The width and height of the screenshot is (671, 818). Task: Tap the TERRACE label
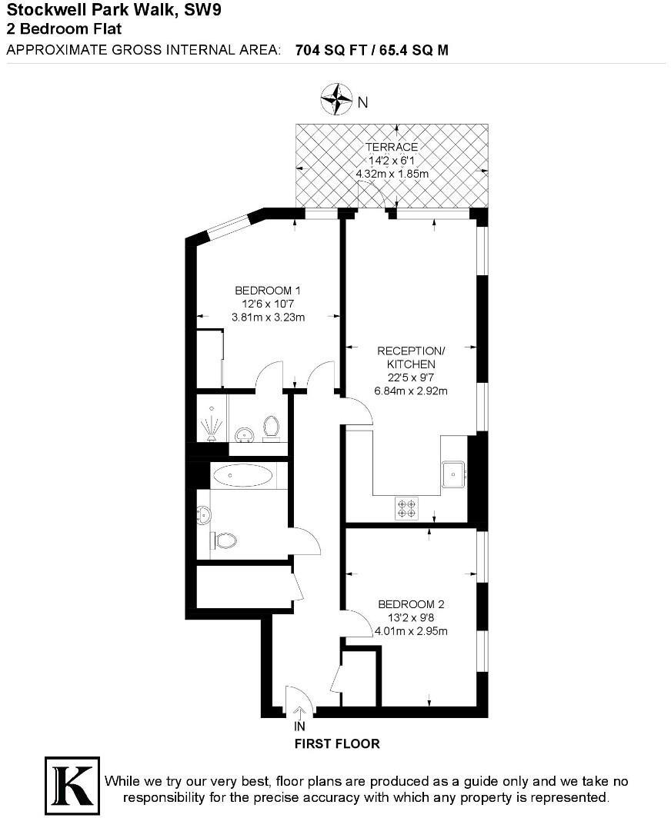[392, 147]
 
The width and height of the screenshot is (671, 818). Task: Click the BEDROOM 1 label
[267, 291]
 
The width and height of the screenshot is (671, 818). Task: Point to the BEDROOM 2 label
[411, 604]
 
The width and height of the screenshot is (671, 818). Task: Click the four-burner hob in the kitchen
[406, 507]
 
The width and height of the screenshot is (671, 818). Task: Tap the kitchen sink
[454, 474]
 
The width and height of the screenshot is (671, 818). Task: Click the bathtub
[240, 477]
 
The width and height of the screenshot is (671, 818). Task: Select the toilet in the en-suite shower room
[271, 426]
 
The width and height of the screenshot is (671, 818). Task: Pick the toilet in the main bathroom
[225, 540]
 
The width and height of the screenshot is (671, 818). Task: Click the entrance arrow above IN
[299, 712]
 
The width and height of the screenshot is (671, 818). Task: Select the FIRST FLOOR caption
[337, 744]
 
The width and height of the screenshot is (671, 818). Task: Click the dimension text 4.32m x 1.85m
[392, 174]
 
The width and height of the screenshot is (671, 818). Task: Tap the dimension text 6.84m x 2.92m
[411, 391]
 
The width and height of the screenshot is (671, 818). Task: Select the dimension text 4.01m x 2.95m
[411, 631]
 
